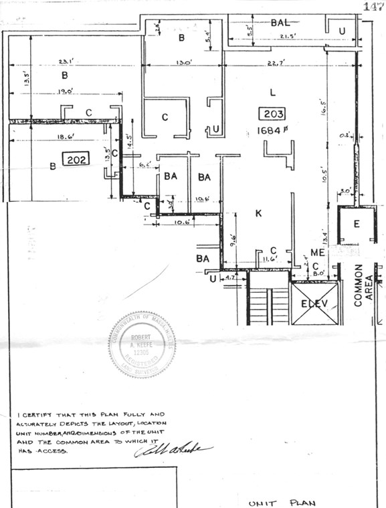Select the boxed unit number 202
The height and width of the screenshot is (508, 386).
click(74, 159)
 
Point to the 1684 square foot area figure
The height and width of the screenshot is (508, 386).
click(272, 130)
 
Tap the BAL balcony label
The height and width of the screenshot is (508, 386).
click(280, 23)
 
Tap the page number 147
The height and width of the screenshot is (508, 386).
click(373, 6)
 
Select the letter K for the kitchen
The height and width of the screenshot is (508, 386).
click(258, 214)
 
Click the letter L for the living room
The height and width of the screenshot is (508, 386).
click(272, 91)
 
